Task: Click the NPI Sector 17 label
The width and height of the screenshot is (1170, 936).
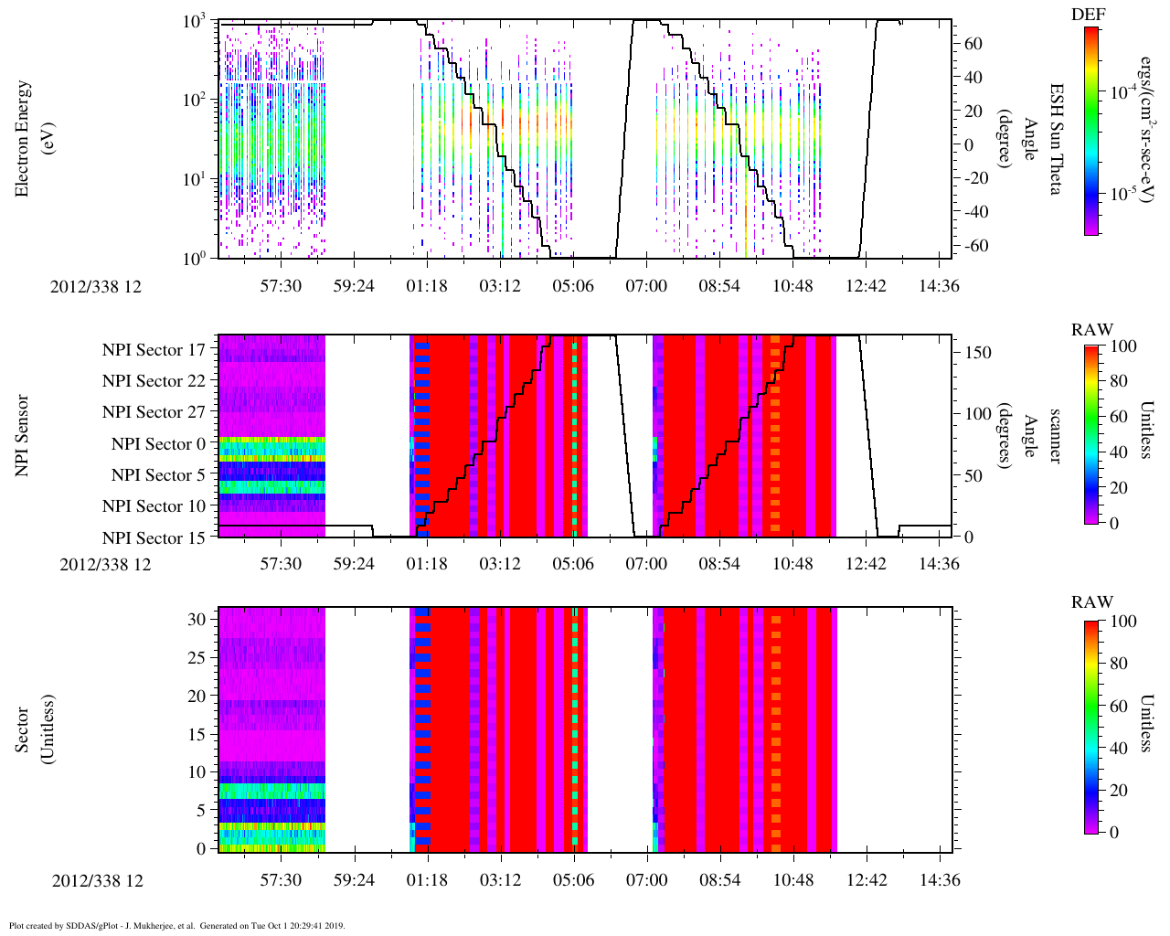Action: pos(154,349)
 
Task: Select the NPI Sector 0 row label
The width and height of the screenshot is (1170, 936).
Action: pos(158,444)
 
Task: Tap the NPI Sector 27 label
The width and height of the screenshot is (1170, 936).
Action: pos(154,412)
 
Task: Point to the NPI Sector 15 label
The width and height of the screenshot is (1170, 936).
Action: pos(154,538)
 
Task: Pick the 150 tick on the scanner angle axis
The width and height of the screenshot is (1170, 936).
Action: pos(978,353)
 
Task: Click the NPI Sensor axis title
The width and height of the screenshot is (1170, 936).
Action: pos(23,435)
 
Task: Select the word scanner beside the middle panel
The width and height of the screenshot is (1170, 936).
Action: pos(1054,435)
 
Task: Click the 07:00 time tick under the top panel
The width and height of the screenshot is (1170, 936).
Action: pos(646,286)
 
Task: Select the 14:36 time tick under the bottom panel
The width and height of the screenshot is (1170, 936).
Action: pos(939,881)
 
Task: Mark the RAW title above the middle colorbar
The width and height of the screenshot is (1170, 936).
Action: pos(1092,330)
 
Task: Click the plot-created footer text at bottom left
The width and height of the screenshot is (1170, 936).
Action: pos(176,925)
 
